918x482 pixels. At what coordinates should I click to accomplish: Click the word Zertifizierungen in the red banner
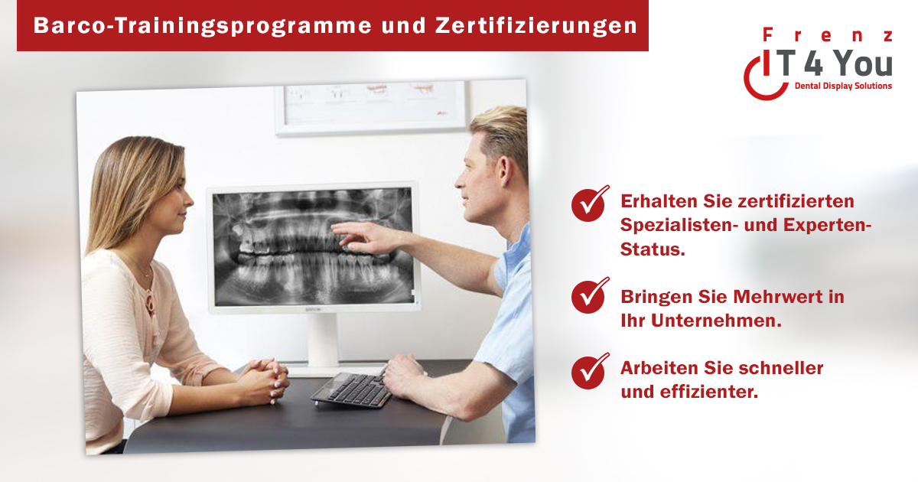536,26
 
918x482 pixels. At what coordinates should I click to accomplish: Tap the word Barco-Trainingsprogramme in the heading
203,26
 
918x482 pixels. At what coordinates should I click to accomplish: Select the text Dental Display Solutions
843,86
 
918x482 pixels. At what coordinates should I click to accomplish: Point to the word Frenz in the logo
828,35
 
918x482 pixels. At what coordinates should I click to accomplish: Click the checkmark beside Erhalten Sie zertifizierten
590,204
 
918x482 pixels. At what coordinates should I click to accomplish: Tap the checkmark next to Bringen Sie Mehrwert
590,295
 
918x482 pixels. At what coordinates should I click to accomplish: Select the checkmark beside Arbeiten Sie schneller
590,371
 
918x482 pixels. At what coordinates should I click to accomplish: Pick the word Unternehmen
716,321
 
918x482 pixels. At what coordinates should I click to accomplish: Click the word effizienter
709,392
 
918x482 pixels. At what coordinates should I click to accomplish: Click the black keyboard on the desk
352,389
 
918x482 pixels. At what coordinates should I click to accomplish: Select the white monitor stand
324,344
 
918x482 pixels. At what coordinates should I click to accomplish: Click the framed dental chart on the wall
372,108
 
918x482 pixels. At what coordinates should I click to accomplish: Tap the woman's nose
188,200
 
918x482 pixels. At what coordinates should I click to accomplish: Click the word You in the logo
864,64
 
